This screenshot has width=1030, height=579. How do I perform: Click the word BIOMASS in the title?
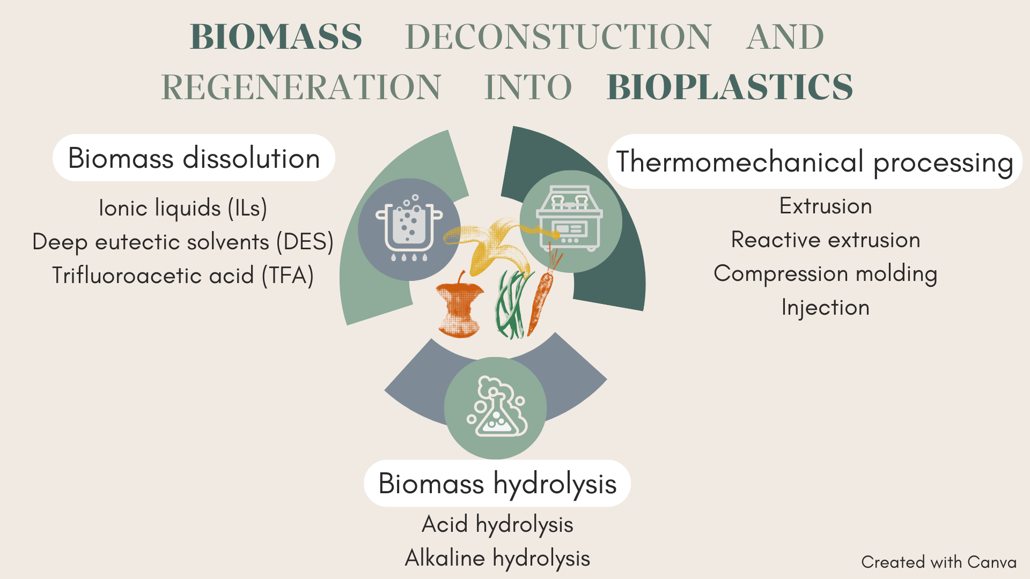(276, 37)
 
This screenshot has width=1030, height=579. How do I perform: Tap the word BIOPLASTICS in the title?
(730, 87)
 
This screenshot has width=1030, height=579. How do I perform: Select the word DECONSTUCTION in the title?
(558, 37)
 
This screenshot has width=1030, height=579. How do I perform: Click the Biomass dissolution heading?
(194, 158)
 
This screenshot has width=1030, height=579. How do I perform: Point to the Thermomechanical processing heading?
(814, 162)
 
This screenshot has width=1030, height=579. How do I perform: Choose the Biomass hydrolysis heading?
(497, 484)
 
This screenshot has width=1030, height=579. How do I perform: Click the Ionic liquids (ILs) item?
(183, 208)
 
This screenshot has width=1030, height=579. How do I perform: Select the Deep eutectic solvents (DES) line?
(183, 242)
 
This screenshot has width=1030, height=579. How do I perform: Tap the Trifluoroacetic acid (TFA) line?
(183, 276)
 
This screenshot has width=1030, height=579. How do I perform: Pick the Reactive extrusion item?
(826, 240)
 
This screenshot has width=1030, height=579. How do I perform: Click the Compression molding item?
(826, 274)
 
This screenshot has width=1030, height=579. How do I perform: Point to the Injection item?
(826, 308)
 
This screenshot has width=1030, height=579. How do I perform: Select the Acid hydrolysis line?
(497, 524)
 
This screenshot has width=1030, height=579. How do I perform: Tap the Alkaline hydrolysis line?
(497, 558)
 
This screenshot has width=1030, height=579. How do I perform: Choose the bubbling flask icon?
(496, 407)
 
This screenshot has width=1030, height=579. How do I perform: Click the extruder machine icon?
(570, 219)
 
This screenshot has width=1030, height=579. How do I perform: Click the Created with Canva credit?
(939, 562)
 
